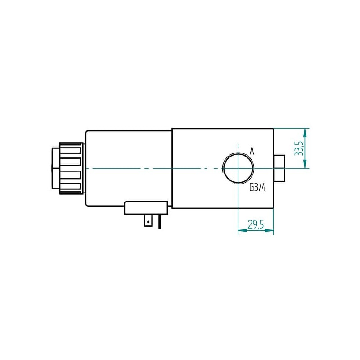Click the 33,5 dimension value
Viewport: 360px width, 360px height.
pos(299,148)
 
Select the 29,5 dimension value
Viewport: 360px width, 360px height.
pos(256,225)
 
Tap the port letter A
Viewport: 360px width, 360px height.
pos(252,151)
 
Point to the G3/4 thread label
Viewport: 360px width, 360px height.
pos(258,188)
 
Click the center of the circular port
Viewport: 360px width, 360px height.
pos(238,168)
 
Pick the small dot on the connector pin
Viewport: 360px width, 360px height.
pos(148,222)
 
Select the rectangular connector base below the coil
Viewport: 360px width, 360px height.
pos(146,208)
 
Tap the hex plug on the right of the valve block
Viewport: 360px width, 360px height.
pos(279,168)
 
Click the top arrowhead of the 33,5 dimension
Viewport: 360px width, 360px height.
pos(305,132)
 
